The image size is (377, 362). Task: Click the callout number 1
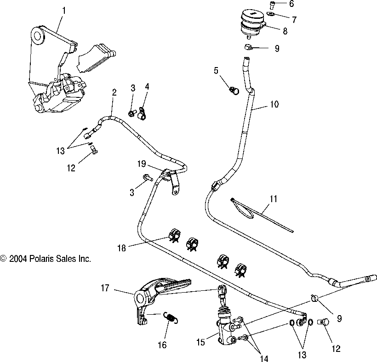(63, 9)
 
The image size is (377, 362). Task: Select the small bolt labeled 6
(272, 4)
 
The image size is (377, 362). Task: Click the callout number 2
(114, 92)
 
